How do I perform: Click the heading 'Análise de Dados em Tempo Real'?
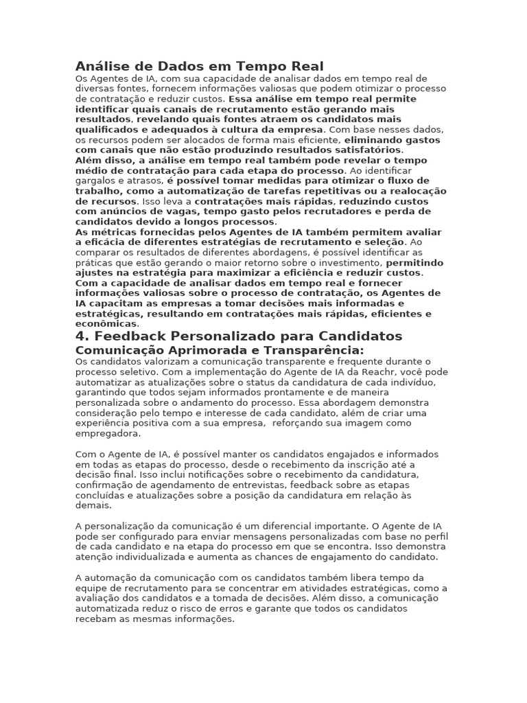point(199,67)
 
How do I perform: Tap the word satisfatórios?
point(368,150)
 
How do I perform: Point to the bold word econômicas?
point(106,323)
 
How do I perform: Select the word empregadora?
point(108,434)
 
